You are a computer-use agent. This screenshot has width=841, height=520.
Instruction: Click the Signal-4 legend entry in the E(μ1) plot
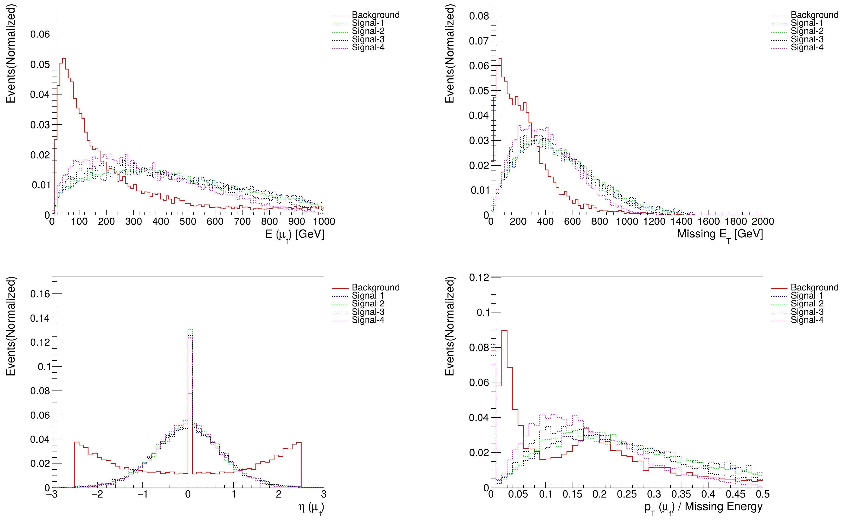(x=368, y=47)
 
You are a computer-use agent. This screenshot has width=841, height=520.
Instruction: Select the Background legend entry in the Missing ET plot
(x=814, y=15)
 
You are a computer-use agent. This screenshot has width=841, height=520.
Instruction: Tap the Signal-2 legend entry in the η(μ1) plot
(x=368, y=304)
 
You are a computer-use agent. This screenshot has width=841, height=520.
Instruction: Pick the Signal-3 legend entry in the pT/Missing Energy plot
(x=807, y=312)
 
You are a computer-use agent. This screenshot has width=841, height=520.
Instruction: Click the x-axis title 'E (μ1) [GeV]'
(x=294, y=235)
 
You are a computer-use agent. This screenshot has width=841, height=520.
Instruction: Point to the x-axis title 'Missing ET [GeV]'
(x=720, y=235)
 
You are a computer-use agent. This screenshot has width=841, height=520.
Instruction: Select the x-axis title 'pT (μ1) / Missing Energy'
(x=703, y=507)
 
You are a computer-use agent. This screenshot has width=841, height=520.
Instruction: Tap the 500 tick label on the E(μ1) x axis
(x=188, y=221)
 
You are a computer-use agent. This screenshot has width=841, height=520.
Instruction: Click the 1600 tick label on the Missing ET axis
(x=709, y=221)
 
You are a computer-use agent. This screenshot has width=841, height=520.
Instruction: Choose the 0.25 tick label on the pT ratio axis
(x=627, y=495)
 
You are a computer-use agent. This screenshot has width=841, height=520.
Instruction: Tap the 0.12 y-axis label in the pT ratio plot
(x=479, y=277)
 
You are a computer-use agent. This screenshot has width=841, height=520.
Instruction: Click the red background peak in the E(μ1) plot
(x=64, y=58)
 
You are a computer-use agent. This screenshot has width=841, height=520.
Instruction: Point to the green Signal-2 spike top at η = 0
(x=190, y=329)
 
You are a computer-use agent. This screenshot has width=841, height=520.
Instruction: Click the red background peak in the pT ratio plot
(x=504, y=331)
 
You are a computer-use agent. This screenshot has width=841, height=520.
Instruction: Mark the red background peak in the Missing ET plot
(x=500, y=59)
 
